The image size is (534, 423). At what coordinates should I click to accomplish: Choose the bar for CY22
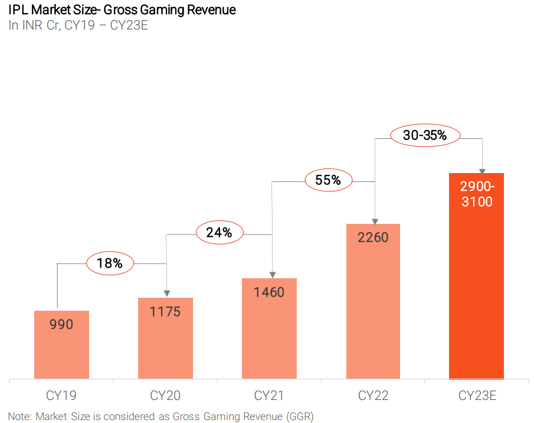point(373,307)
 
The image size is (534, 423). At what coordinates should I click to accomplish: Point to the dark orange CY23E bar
point(476,284)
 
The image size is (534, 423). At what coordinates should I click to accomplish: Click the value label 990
point(61,324)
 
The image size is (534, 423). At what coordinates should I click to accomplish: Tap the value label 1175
point(165,311)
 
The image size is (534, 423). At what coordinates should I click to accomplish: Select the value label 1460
point(269,292)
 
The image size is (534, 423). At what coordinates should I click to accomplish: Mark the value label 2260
point(373,237)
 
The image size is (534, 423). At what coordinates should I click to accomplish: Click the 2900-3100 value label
point(476,194)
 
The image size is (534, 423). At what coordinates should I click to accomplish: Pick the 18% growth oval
point(110,263)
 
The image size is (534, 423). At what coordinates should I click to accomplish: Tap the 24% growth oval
point(219,233)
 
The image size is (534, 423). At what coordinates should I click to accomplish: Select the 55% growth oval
point(328,180)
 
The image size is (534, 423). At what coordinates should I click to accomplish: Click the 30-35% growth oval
point(425,135)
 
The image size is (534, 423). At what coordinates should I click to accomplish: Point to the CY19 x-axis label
point(61,395)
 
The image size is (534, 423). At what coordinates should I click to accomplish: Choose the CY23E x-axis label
point(477,395)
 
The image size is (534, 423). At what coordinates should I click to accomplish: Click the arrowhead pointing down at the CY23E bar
point(482,171)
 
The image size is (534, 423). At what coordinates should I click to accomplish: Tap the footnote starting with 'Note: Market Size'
point(160,415)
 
